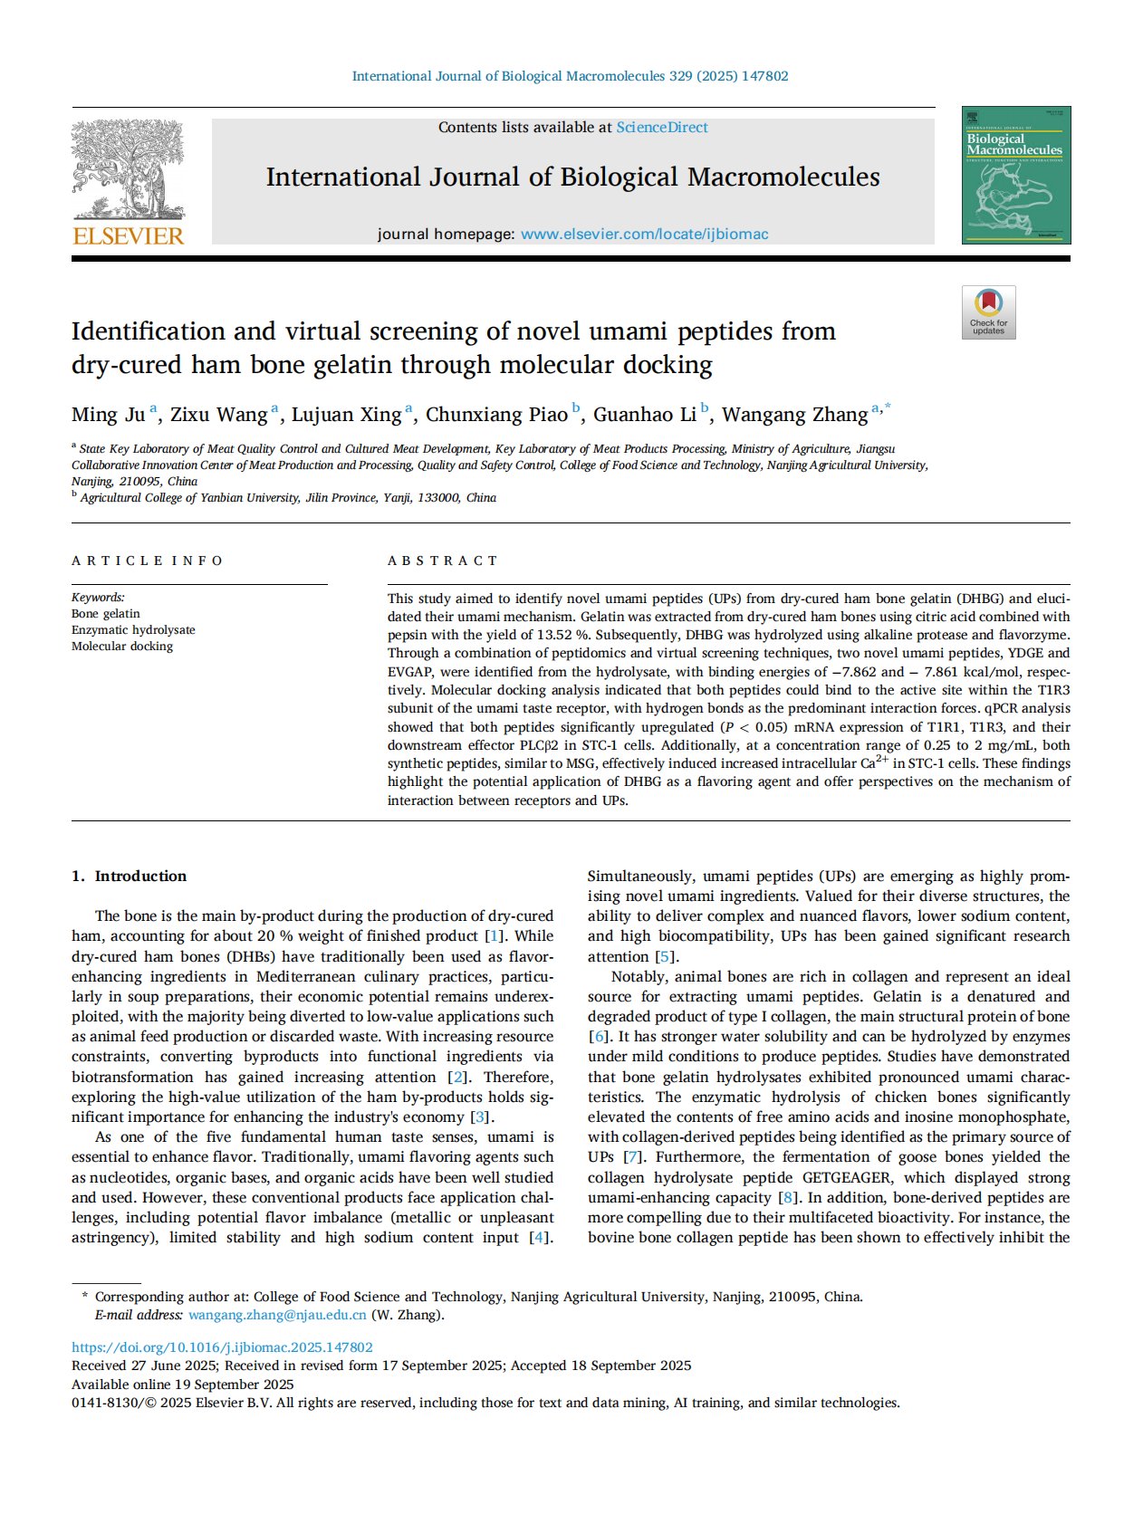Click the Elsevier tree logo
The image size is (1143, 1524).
point(128,170)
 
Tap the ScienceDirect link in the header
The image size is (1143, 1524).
point(662,128)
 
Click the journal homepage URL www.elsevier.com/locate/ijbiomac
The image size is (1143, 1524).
point(644,235)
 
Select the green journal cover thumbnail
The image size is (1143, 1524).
point(1015,175)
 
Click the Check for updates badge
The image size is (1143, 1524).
point(988,312)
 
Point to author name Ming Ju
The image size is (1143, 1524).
point(108,415)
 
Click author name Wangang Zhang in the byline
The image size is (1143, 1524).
point(794,415)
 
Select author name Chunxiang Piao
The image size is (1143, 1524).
point(496,415)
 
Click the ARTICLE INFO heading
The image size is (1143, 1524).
point(147,561)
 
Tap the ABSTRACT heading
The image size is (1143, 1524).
point(443,561)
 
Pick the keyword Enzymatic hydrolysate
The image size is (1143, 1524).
point(133,630)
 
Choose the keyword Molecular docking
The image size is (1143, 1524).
point(122,647)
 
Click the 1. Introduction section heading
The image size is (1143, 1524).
point(129,876)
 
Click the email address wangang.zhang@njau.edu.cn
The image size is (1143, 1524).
point(277,1315)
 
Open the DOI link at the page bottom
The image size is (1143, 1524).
point(222,1347)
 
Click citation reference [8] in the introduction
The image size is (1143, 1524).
point(789,1197)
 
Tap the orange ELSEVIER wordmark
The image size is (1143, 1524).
point(128,236)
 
